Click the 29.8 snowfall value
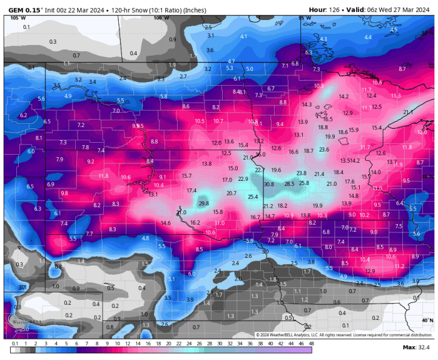click(x=203, y=203)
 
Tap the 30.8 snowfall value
click(x=269, y=185)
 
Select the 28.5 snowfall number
click(x=289, y=184)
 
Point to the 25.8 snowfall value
click(x=304, y=183)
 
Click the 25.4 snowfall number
click(x=253, y=197)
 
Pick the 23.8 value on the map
click(x=302, y=173)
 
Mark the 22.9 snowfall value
click(x=243, y=179)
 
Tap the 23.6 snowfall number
click(x=324, y=150)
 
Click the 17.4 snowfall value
click(x=191, y=190)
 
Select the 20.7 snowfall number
click(x=232, y=193)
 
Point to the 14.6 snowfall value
click(x=166, y=223)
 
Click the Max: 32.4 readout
click(x=416, y=347)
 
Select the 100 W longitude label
click(x=161, y=18)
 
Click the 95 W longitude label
click(x=304, y=18)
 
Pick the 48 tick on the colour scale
click(x=311, y=343)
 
